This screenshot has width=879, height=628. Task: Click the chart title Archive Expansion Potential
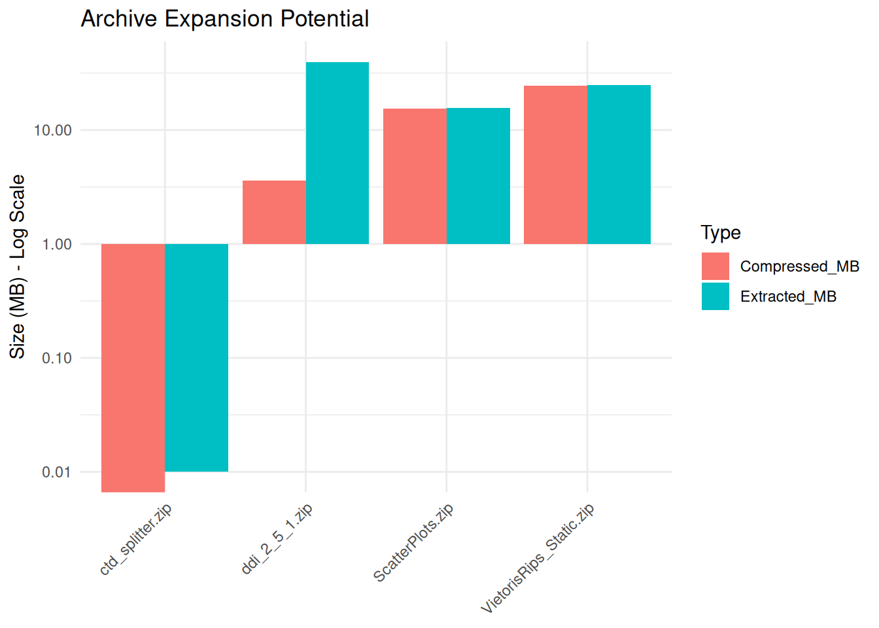click(225, 18)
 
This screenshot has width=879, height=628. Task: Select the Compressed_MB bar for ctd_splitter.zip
click(133, 368)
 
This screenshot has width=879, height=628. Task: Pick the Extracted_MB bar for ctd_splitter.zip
click(197, 358)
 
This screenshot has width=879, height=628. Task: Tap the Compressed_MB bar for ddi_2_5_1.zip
click(274, 213)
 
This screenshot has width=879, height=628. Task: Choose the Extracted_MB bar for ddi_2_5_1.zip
click(337, 153)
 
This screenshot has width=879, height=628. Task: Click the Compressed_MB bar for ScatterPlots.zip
click(415, 176)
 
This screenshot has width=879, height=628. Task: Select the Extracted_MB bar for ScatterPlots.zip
click(478, 176)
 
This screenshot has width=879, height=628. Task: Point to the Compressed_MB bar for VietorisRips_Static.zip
click(556, 165)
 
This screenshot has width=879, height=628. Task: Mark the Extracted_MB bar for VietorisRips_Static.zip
click(619, 164)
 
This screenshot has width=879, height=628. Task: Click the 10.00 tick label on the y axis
click(53, 130)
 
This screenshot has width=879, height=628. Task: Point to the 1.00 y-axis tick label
click(57, 244)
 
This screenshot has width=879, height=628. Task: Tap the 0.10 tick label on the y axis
click(57, 358)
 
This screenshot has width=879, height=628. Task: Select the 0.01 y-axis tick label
click(57, 472)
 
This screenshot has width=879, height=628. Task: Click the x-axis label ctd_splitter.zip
click(136, 540)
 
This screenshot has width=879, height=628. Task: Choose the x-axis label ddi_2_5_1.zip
click(277, 539)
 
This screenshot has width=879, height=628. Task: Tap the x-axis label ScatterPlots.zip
click(413, 543)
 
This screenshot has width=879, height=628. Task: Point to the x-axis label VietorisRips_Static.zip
click(538, 558)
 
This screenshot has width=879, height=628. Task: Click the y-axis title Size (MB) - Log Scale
click(17, 267)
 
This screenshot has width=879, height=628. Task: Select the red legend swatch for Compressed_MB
click(715, 266)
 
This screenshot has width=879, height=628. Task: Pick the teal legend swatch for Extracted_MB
click(715, 296)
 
